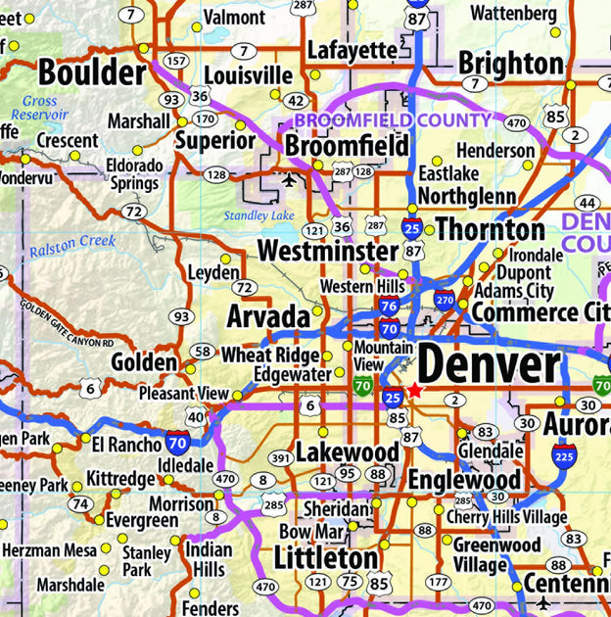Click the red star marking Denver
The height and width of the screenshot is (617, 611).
414,391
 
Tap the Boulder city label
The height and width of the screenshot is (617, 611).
92,71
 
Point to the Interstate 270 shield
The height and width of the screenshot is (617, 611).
446,300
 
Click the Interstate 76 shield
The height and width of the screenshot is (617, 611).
389,308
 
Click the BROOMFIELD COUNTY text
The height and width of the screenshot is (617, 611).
393,119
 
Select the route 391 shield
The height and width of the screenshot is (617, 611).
281,458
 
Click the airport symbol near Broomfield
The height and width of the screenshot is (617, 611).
289,180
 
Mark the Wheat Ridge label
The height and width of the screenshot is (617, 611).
270,356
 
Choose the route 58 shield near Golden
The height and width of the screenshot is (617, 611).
203,352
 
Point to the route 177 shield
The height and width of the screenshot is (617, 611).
438,582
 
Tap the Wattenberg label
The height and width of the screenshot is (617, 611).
513,13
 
